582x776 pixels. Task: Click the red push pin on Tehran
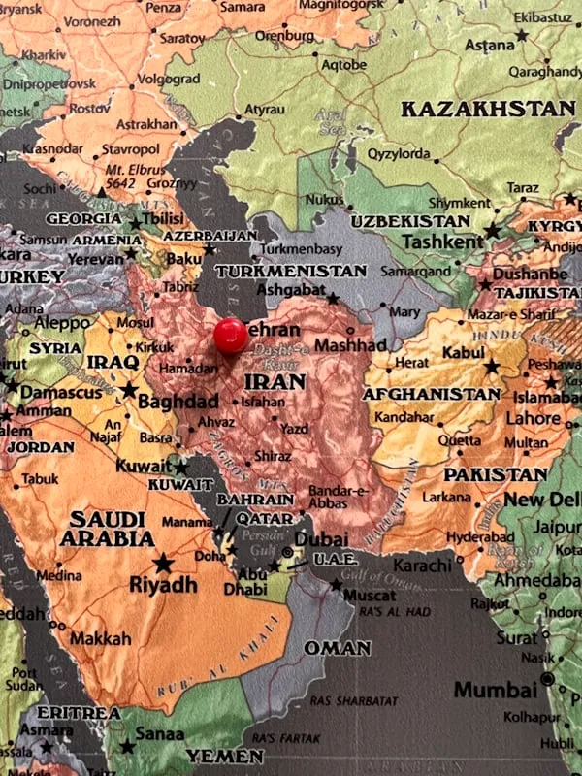point(230,336)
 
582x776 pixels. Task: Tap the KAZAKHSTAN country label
point(488,109)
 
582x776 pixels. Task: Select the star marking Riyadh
point(163,563)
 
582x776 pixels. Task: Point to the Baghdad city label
point(178,401)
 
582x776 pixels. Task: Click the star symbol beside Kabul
point(492,367)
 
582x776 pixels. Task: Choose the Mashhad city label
point(350,345)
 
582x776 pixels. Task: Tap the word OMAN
point(337,647)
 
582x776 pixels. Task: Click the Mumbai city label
point(495,691)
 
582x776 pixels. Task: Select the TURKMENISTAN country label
point(291,272)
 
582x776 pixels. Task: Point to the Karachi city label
point(423,566)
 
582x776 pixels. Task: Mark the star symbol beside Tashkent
point(493,231)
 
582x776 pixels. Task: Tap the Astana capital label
point(489,46)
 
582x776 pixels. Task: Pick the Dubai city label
point(321,539)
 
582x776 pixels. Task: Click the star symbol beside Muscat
point(336,585)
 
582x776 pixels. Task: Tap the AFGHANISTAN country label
point(431,395)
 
